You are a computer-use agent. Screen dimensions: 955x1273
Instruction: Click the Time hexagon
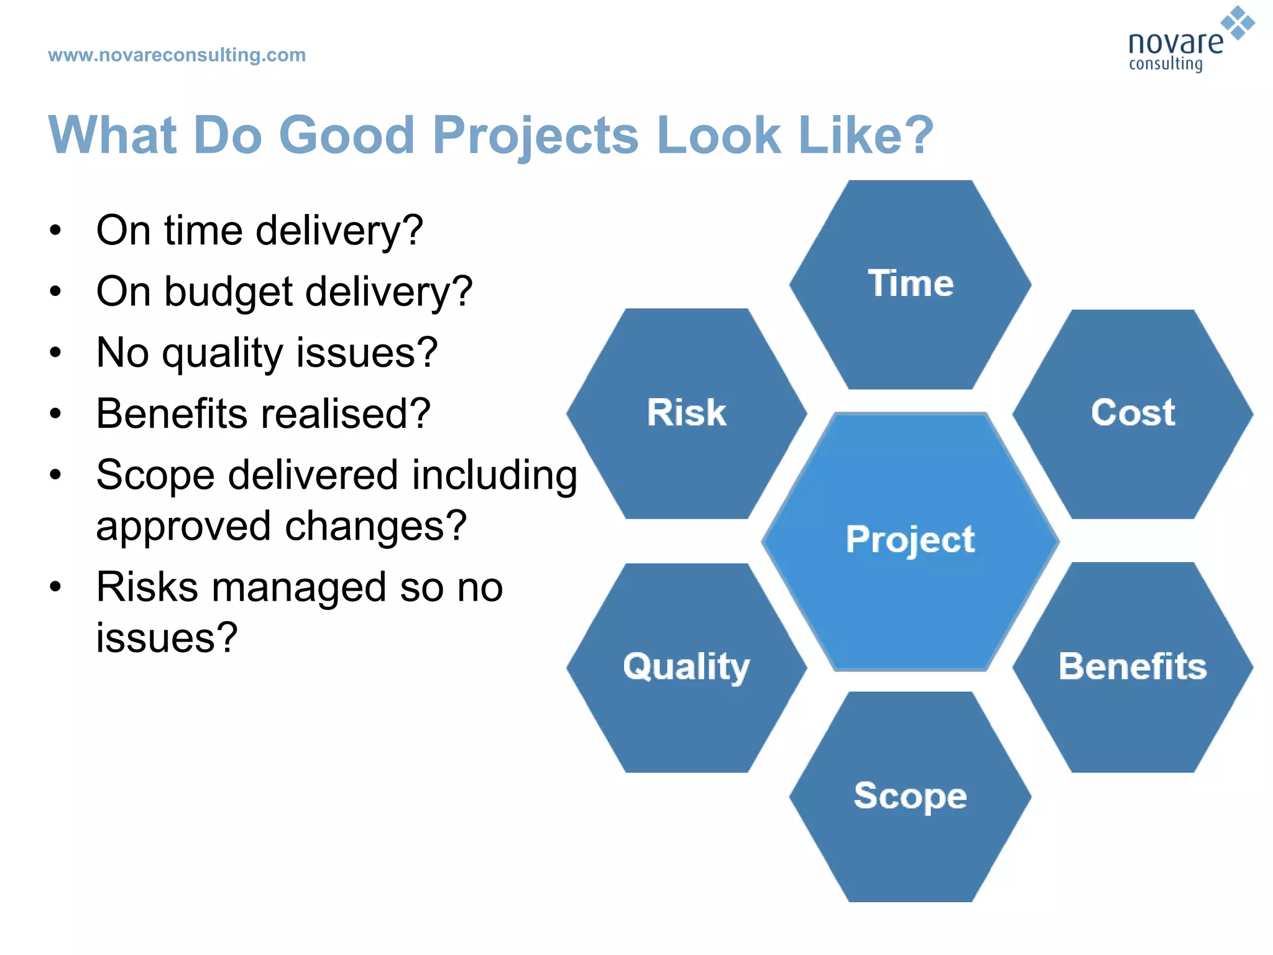(x=910, y=285)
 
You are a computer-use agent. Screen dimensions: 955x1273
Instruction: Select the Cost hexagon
(x=1133, y=413)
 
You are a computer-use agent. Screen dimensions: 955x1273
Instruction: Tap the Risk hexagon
(x=687, y=413)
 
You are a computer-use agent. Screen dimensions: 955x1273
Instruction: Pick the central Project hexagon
(x=910, y=541)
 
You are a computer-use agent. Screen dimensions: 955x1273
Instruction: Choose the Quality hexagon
(x=687, y=668)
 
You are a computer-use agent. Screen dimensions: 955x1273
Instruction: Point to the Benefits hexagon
(x=1133, y=668)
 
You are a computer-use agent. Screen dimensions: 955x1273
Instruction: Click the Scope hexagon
(x=910, y=796)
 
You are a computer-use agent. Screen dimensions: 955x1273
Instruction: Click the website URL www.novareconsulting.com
(x=177, y=55)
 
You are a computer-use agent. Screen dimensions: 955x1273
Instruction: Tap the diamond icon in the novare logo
(x=1238, y=23)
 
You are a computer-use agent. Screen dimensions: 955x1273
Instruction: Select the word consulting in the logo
(x=1165, y=64)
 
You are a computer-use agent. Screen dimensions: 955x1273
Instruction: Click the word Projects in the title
(x=535, y=136)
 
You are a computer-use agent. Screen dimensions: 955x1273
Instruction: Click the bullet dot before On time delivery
(x=56, y=231)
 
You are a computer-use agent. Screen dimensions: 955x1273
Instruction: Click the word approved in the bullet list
(x=183, y=527)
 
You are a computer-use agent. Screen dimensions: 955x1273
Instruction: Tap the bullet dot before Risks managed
(x=56, y=587)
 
